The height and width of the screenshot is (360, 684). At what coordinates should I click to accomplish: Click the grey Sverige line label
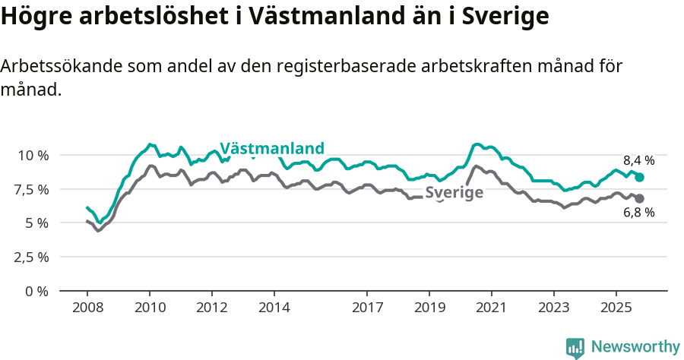[x=454, y=193]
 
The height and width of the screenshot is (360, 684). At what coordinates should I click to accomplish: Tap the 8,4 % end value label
[x=638, y=160]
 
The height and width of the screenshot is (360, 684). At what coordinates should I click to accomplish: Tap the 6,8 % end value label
[x=638, y=213]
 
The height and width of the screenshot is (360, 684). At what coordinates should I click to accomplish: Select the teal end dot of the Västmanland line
[x=639, y=177]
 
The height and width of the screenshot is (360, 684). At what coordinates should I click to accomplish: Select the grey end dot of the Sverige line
[x=639, y=198]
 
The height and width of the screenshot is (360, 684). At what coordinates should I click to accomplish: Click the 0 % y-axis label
[x=36, y=291]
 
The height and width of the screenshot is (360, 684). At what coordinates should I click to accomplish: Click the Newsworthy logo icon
[x=575, y=348]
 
